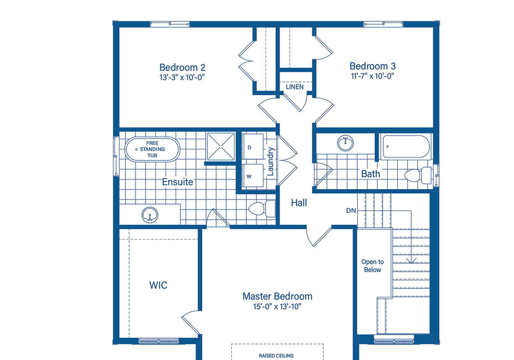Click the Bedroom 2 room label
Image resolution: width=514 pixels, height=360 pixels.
click(x=182, y=67)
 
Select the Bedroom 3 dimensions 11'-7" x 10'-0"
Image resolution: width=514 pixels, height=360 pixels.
click(x=373, y=76)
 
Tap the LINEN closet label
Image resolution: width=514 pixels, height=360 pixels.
click(x=294, y=87)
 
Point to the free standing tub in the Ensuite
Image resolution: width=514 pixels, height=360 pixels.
click(x=153, y=149)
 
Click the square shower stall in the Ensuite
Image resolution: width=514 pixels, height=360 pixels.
click(x=221, y=147)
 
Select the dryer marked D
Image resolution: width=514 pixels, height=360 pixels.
click(x=253, y=147)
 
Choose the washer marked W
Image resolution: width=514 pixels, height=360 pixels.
click(x=253, y=175)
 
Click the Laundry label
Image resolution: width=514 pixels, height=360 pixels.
click(x=270, y=161)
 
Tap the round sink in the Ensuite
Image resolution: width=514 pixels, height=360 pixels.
click(x=150, y=215)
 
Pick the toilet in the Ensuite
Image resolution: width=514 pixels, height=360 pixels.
click(x=262, y=209)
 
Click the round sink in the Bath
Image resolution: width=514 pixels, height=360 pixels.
click(x=345, y=143)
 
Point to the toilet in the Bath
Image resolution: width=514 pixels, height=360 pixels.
click(x=418, y=175)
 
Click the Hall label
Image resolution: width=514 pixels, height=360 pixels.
click(x=299, y=203)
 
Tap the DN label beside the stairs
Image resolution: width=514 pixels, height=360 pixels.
click(x=351, y=211)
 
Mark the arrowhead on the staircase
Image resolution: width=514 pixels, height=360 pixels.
click(x=411, y=261)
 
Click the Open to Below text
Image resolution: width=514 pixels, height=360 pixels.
click(x=373, y=266)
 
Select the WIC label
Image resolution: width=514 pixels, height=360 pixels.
click(x=158, y=285)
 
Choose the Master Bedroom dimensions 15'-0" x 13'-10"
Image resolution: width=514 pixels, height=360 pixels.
click(x=277, y=307)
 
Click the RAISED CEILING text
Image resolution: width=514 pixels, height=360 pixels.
click(x=276, y=356)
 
